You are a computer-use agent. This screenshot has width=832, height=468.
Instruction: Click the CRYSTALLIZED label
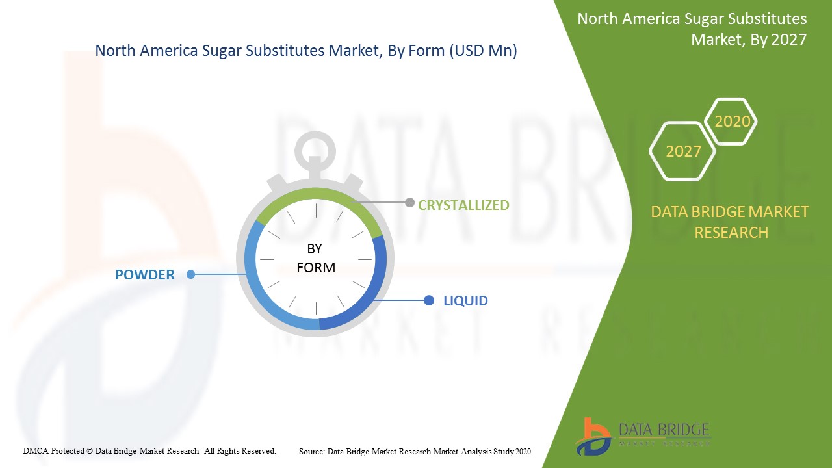pos(463,205)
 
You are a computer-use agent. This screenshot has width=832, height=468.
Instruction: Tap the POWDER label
pos(145,275)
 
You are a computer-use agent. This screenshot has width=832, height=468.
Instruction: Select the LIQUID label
pos(466,300)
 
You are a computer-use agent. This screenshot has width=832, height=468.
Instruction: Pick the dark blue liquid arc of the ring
pos(375,293)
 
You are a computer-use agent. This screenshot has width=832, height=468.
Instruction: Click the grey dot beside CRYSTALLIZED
pos(409,202)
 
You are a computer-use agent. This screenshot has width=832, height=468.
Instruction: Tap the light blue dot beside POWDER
pos(191,274)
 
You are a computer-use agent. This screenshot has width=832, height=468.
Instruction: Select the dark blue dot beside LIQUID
pos(429,300)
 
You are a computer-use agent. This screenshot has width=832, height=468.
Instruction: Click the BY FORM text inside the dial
pos(316,258)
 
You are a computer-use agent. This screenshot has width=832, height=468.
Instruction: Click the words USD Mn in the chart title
pos(483,50)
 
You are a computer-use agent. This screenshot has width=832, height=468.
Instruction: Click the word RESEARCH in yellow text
pos(731,233)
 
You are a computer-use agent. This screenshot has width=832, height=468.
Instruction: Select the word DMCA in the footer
pos(36,451)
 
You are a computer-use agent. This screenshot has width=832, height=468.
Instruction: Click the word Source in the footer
pos(311,452)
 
